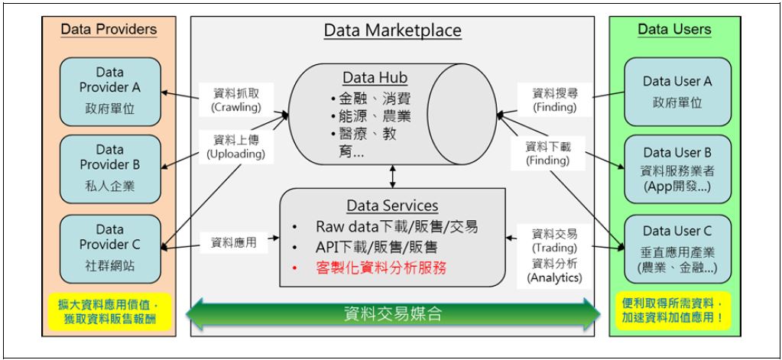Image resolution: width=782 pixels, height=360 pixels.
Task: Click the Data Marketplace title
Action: (x=392, y=31)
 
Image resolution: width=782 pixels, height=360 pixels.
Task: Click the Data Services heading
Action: (x=392, y=206)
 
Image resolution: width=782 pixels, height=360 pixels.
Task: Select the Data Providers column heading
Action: (x=109, y=30)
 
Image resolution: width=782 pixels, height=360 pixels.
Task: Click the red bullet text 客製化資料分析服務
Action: (x=381, y=268)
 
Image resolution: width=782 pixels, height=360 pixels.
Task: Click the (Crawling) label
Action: (x=235, y=109)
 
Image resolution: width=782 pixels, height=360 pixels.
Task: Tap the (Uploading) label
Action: (x=235, y=154)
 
